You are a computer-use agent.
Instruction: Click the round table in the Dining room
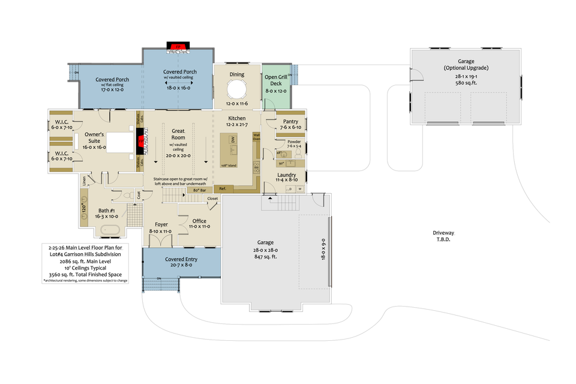[237, 90]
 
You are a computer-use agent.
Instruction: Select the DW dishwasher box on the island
[232, 142]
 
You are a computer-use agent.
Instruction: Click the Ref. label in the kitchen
[222, 188]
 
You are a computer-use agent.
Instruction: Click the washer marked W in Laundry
[299, 189]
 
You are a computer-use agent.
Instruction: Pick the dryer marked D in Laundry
[290, 189]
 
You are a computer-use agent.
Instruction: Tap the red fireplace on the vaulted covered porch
[178, 47]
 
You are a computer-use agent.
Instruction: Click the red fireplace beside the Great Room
[142, 142]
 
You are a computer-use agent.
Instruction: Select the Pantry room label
[290, 121]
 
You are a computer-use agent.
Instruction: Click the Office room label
[199, 221]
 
